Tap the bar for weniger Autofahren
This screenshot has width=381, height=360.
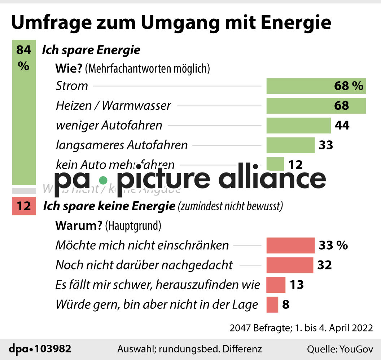(x=298, y=125)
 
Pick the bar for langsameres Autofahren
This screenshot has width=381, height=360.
(x=290, y=145)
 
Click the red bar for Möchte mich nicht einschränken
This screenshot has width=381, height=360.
(x=290, y=245)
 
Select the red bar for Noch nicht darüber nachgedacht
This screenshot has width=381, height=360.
(x=290, y=265)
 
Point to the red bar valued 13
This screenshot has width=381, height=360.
(x=276, y=285)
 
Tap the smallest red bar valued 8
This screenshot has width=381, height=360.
(x=272, y=304)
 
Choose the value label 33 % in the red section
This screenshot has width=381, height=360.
(x=333, y=245)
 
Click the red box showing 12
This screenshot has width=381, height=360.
(x=24, y=206)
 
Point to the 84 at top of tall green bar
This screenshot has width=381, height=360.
(x=24, y=50)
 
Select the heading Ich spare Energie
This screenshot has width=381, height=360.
(x=91, y=50)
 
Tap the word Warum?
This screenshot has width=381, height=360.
(x=79, y=226)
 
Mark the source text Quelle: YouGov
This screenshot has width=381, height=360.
(x=340, y=349)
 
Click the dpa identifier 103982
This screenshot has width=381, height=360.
(x=53, y=349)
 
